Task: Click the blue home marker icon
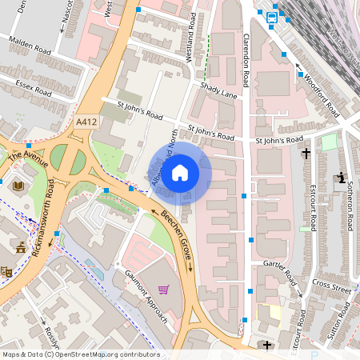(180, 172)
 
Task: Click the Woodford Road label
(318, 87)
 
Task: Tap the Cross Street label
(331, 286)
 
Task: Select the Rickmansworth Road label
(41, 212)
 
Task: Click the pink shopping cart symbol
(163, 290)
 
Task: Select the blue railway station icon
(272, 17)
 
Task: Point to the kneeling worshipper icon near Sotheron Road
(341, 178)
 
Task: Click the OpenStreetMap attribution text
(80, 354)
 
